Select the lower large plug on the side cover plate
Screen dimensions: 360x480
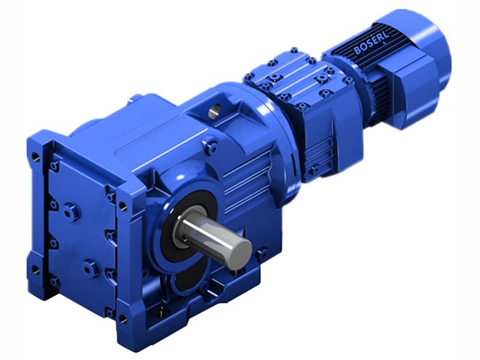(x=90, y=268)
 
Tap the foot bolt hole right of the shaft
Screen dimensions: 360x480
(x=261, y=256)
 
